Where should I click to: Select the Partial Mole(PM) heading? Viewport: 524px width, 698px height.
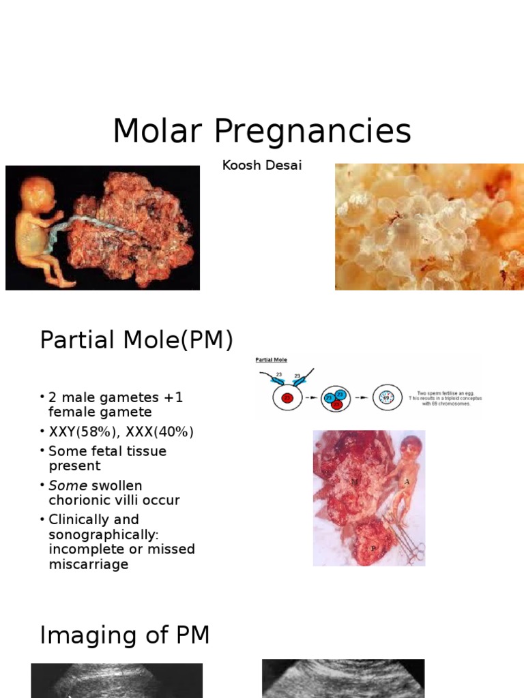pyautogui.click(x=136, y=339)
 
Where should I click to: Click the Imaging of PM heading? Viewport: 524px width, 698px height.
pyautogui.click(x=125, y=635)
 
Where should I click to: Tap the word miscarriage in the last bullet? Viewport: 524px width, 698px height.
pyautogui.click(x=89, y=564)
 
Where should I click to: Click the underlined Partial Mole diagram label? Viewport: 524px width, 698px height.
pyautogui.click(x=271, y=360)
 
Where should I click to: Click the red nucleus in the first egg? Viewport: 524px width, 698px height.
pyautogui.click(x=287, y=399)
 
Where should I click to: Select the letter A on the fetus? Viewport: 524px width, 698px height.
pyautogui.click(x=407, y=482)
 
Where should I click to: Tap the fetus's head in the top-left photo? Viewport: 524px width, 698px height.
pyautogui.click(x=38, y=192)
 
